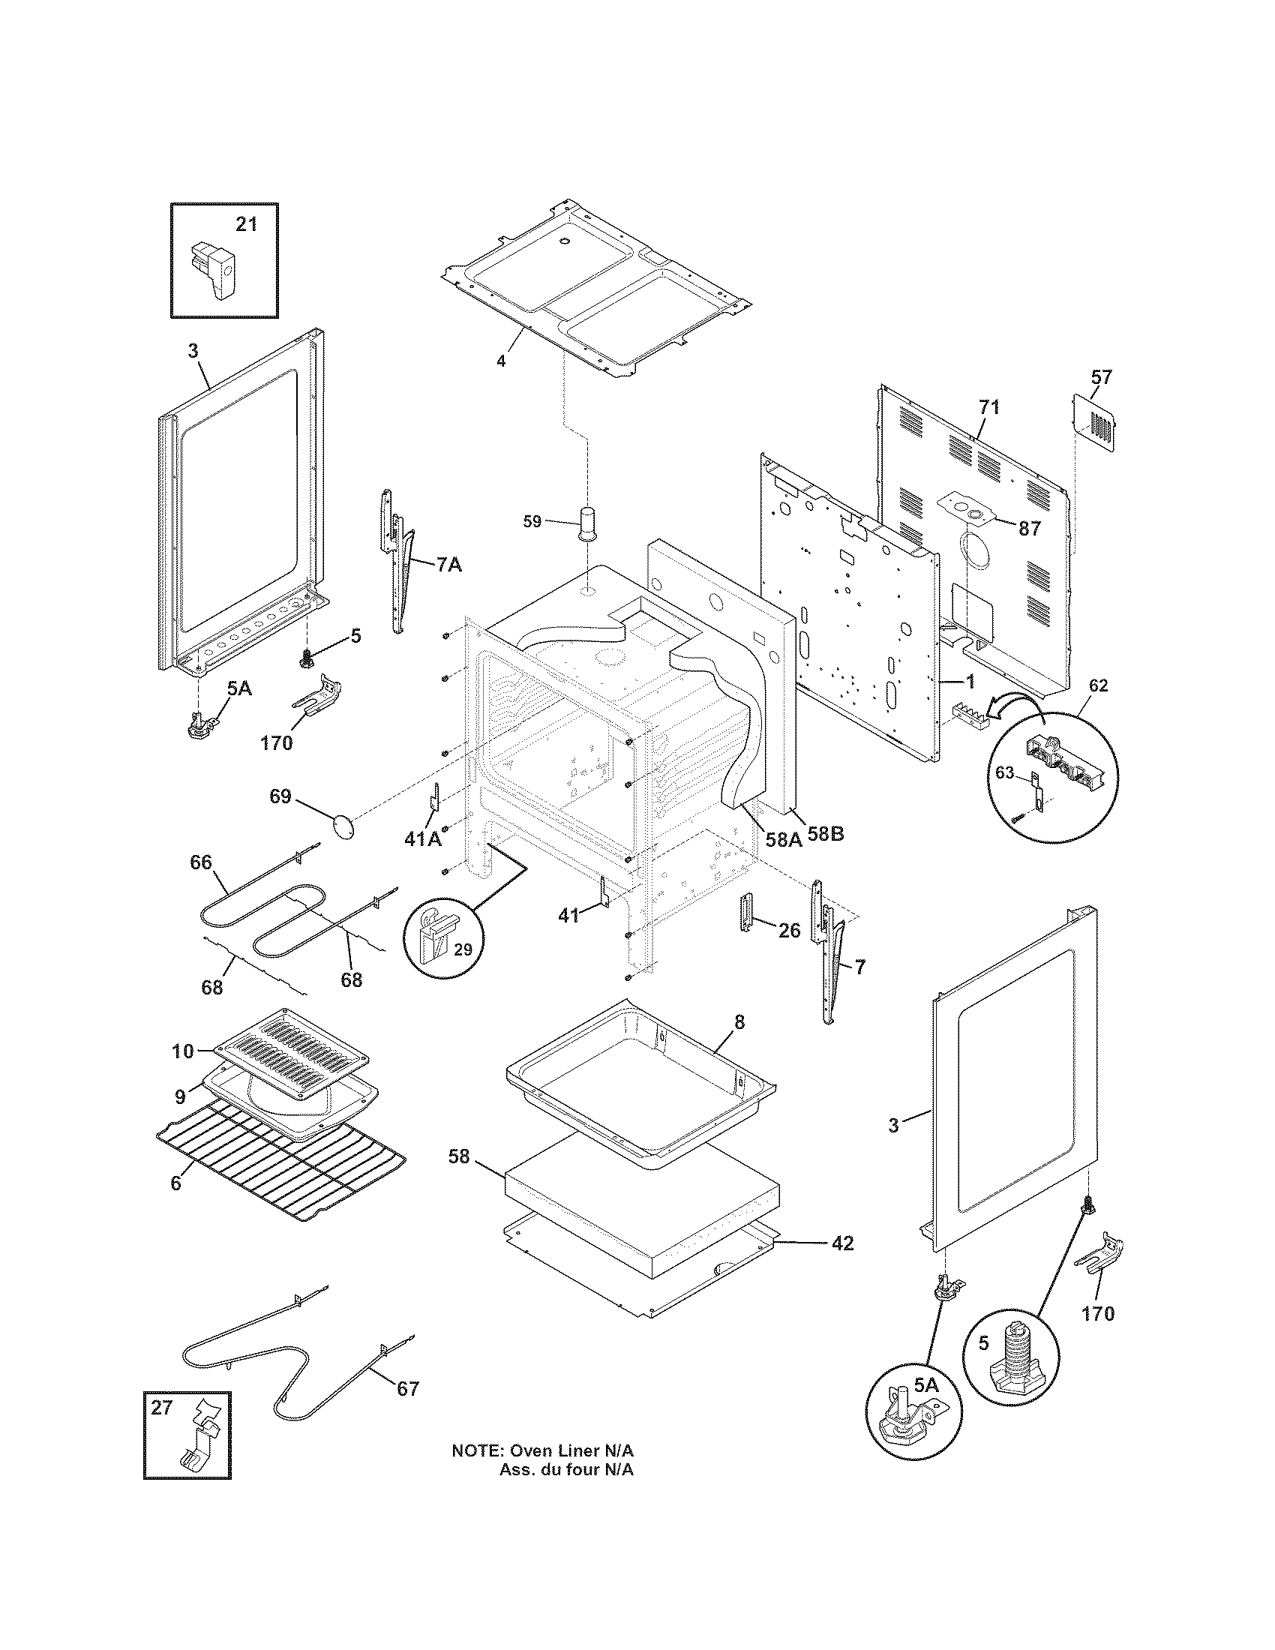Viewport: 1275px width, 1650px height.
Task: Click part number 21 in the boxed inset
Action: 246,224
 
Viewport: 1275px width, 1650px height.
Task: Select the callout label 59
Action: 532,521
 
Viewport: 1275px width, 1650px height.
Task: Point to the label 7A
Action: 448,564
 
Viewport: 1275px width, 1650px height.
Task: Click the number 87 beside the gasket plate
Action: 1030,529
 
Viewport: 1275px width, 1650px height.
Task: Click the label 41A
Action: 422,838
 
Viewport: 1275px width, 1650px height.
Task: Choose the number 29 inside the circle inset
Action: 463,949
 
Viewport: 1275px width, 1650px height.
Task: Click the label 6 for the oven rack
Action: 175,1183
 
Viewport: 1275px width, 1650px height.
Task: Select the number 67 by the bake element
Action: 407,1388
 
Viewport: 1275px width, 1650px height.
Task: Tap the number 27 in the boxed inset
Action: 162,1407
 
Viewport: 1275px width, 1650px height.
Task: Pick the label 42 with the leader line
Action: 842,1243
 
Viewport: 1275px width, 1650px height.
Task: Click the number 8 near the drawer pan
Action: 739,1022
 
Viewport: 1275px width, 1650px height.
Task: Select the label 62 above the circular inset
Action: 1099,685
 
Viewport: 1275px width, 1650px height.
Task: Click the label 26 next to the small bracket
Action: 789,931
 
